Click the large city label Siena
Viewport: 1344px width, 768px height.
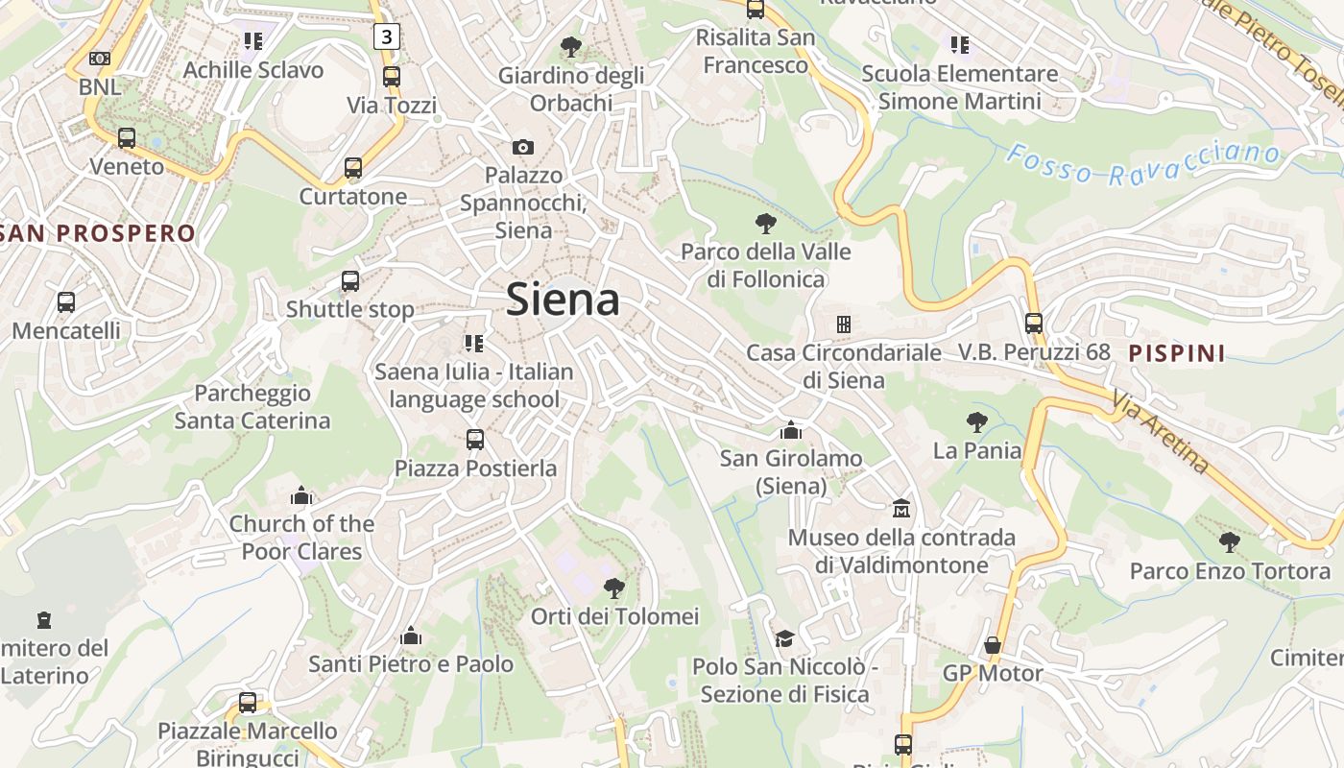pyautogui.click(x=563, y=300)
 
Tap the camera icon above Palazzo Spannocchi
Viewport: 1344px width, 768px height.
pyautogui.click(x=522, y=147)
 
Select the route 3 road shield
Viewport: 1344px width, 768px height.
pyautogui.click(x=386, y=37)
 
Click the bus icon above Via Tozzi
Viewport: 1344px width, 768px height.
pyautogui.click(x=391, y=77)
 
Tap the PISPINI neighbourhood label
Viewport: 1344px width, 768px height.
pyautogui.click(x=1177, y=353)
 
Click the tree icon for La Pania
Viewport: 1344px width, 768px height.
pyautogui.click(x=977, y=421)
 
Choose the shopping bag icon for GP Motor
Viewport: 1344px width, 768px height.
pyautogui.click(x=993, y=645)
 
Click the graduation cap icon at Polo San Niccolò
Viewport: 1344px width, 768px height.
pyautogui.click(x=784, y=638)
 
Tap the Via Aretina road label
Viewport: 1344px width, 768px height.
pyautogui.click(x=1162, y=432)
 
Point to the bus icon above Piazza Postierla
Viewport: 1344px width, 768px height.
pyautogui.click(x=475, y=440)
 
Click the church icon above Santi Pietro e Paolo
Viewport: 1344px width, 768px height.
pyautogui.click(x=411, y=636)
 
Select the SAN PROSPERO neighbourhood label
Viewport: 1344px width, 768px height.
pyautogui.click(x=98, y=233)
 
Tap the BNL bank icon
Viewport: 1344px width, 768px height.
pyautogui.click(x=100, y=59)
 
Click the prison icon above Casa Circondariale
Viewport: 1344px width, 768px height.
pyautogui.click(x=843, y=324)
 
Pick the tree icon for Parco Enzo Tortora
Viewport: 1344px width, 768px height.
pyautogui.click(x=1229, y=542)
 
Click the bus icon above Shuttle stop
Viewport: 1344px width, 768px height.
pyautogui.click(x=350, y=281)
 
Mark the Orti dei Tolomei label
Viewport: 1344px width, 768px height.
pyautogui.click(x=615, y=616)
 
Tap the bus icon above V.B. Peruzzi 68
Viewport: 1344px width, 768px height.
pyautogui.click(x=1033, y=324)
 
